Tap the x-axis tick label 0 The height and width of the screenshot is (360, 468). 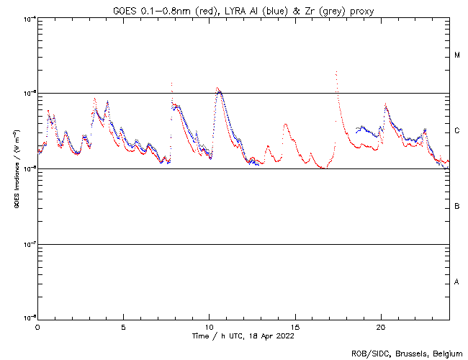(37, 327)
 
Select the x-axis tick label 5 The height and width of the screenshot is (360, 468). (123, 327)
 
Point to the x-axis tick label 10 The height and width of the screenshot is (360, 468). (209, 327)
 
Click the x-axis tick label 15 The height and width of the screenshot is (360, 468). (294, 327)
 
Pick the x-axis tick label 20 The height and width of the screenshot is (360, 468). (381, 327)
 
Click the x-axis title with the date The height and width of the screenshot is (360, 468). (243, 336)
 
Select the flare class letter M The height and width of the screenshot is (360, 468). (457, 55)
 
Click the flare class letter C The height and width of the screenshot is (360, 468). (457, 131)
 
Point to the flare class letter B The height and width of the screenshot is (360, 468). (457, 207)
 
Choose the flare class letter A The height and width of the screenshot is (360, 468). (457, 282)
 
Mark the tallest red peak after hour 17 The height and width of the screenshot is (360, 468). (336, 71)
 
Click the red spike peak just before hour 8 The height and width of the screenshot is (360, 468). (171, 84)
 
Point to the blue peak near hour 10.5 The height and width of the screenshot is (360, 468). (220, 91)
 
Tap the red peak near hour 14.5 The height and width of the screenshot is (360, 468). (285, 124)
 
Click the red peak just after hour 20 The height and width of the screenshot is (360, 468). (386, 105)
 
